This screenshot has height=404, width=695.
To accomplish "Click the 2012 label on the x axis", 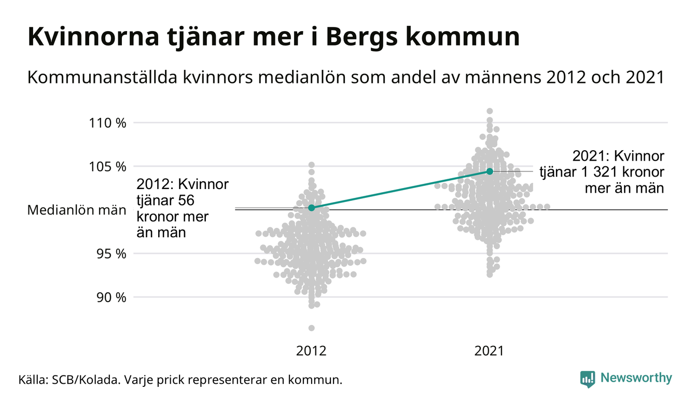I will (x=311, y=351).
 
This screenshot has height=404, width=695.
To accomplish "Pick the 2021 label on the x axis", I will (x=489, y=351).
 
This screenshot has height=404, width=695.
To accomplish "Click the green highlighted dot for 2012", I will (x=311, y=208).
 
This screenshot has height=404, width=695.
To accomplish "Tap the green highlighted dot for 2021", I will (x=490, y=171).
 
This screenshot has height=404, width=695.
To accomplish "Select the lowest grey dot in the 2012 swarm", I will (x=311, y=328).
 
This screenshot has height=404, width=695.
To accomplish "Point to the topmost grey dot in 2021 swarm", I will (x=490, y=111).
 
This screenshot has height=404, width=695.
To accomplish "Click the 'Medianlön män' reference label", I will (x=77, y=210).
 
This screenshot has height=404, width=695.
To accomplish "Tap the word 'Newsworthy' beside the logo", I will (x=636, y=378).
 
